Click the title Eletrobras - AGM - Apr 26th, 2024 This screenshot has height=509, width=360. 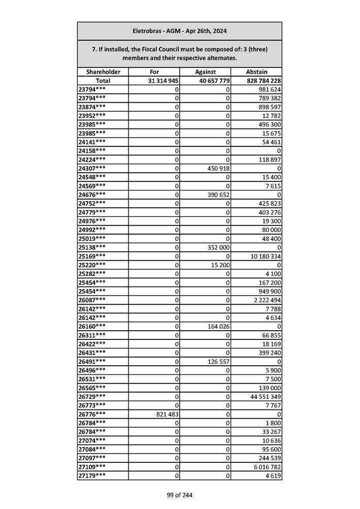click(179, 31)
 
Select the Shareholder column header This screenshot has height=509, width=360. click(103, 72)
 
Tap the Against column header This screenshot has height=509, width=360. click(205, 72)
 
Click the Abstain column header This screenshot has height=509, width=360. click(256, 72)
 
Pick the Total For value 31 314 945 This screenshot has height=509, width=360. click(163, 81)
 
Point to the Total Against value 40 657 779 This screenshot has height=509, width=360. click(212, 81)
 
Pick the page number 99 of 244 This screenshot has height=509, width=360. click(180, 495)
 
